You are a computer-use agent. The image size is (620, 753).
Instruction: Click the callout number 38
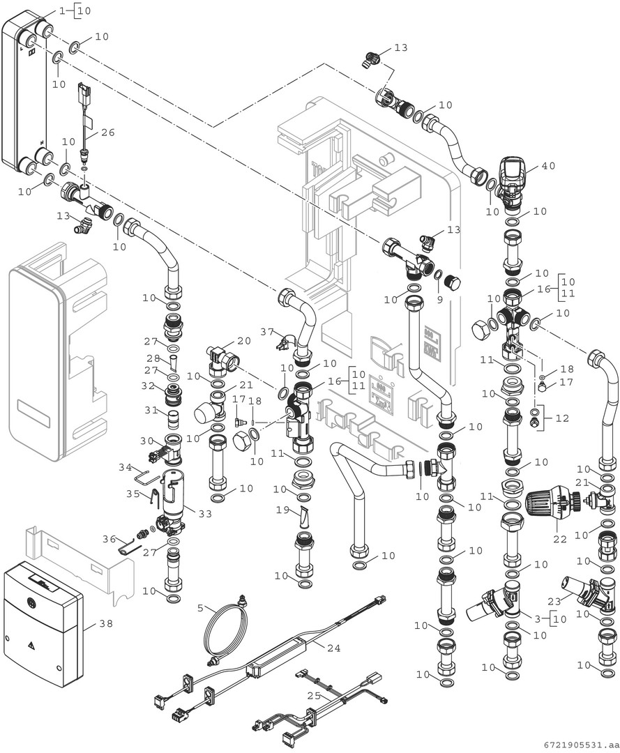point(105,624)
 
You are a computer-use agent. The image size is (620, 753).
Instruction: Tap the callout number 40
point(548,167)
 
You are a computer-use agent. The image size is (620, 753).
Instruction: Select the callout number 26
point(107,132)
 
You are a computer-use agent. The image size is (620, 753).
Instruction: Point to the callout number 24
point(333,648)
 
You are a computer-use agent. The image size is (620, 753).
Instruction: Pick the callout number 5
point(199,607)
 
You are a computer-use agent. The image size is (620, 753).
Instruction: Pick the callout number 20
point(243,341)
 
